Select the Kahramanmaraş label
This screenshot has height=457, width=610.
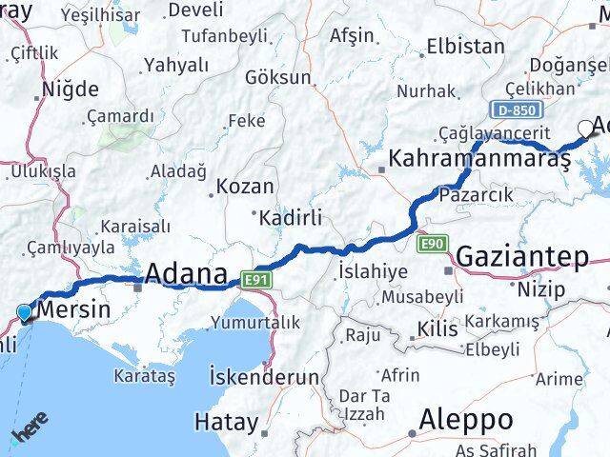(x=479, y=159)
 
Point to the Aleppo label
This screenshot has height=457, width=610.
(x=466, y=419)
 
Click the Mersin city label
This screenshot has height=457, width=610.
(x=73, y=309)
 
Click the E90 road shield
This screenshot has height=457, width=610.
(x=433, y=245)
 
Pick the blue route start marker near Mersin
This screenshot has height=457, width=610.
(x=25, y=311)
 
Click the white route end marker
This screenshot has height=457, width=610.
(x=585, y=129)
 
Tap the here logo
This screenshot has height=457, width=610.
(x=30, y=429)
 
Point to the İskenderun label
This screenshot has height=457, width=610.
(x=264, y=377)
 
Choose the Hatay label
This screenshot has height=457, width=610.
(x=226, y=421)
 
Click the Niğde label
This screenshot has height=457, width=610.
(x=70, y=89)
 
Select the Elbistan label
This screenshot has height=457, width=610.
(x=465, y=46)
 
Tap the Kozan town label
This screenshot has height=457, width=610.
(x=245, y=187)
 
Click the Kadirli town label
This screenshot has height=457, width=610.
(x=292, y=217)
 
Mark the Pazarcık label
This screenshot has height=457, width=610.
(x=476, y=194)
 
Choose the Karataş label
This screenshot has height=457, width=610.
(x=145, y=377)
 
